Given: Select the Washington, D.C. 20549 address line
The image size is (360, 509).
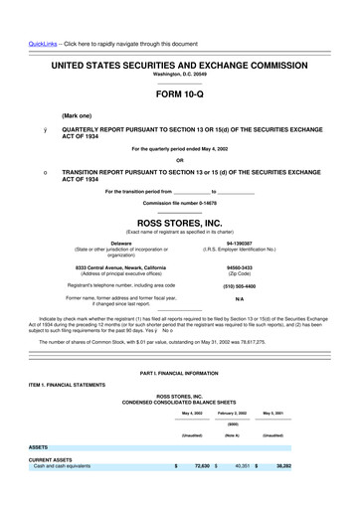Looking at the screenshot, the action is tap(179, 74).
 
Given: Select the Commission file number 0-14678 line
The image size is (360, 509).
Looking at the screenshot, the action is tap(179, 202).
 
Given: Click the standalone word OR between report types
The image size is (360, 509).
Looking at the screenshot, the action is tap(179, 160).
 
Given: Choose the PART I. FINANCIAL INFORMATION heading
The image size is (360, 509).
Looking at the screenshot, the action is tap(179, 372).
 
